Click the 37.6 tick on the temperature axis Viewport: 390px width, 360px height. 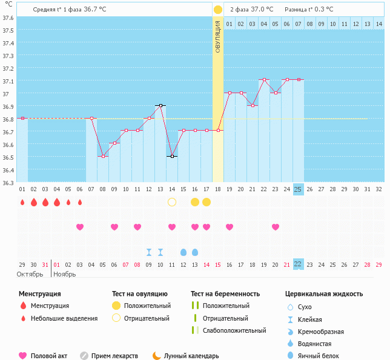click(8, 18)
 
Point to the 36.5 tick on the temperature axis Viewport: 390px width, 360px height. click(8, 157)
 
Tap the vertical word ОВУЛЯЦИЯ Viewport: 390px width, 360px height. click(218, 37)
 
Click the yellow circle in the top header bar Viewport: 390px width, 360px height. click(217, 10)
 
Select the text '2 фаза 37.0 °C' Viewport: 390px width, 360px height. click(251, 10)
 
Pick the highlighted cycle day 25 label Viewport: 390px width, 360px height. click(298, 189)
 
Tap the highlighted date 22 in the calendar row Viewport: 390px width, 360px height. click(298, 264)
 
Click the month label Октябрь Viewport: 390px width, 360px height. click(30, 274)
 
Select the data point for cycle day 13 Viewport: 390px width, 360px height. click(160, 105)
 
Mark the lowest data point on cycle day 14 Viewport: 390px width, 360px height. click(172, 156)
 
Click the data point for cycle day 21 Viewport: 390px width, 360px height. click(253, 105)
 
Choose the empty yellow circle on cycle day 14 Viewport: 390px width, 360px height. click(172, 201)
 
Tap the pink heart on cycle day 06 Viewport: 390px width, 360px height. click(80, 227)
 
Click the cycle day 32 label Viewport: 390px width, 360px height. click(378, 189)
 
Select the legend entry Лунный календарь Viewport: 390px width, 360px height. click(185, 356)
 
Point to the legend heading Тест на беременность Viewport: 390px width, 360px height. click(225, 293)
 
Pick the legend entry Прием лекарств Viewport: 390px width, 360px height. click(114, 356)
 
